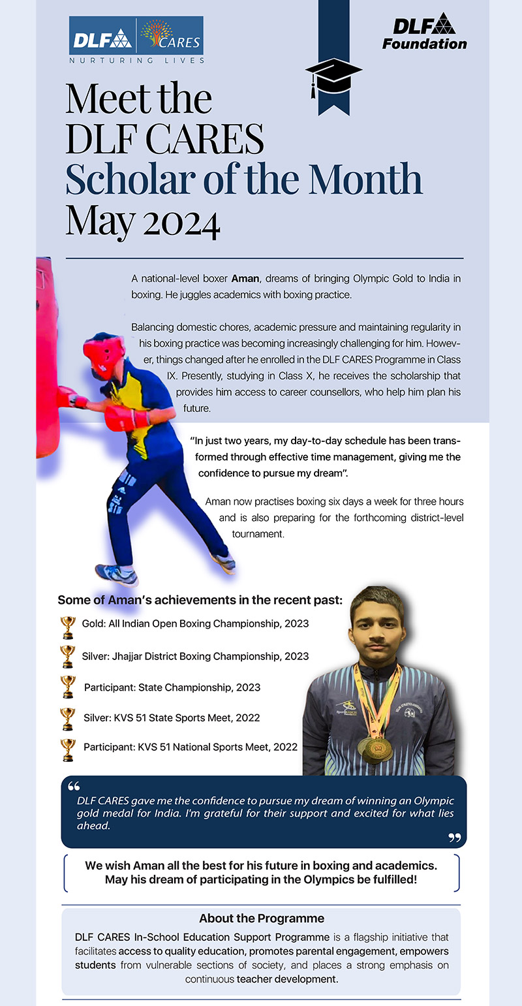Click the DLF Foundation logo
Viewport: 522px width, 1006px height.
click(x=425, y=32)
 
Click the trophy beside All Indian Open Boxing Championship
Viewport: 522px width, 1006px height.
click(x=67, y=627)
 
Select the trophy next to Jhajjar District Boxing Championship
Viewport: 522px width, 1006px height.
click(x=67, y=657)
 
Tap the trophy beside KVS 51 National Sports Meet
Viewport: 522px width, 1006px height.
click(x=67, y=749)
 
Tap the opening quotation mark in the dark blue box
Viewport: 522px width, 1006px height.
click(x=73, y=785)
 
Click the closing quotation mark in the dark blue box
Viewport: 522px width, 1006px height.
click(x=455, y=838)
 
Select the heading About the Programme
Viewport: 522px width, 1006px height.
click(x=261, y=918)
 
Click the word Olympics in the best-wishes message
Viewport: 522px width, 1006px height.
click(x=329, y=880)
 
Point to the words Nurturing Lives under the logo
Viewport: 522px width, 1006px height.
click(x=137, y=60)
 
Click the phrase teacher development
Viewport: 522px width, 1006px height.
click(x=287, y=979)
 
